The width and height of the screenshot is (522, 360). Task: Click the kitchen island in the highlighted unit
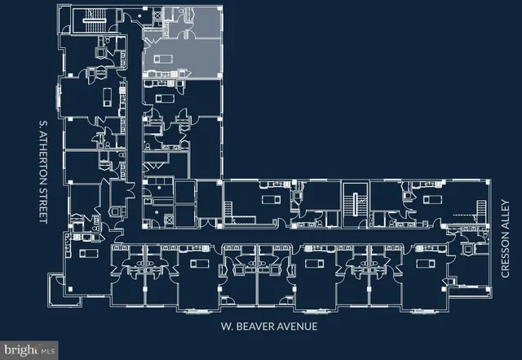[x=163, y=60]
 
